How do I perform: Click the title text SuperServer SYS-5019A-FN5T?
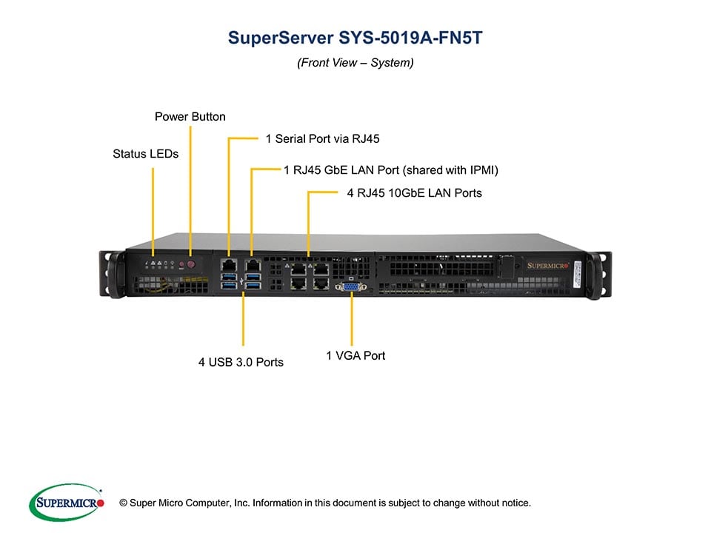coord(355,38)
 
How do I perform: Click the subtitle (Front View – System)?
coord(355,63)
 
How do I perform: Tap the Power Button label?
coord(190,117)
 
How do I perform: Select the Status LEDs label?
coord(146,154)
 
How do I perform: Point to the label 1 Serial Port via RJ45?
coord(322,138)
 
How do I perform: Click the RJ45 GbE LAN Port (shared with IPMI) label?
coord(391,170)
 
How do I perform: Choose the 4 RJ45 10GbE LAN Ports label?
coord(415,193)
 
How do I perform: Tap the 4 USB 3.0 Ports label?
coord(241,362)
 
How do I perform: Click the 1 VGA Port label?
coord(355,356)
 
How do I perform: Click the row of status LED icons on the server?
coord(161,263)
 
